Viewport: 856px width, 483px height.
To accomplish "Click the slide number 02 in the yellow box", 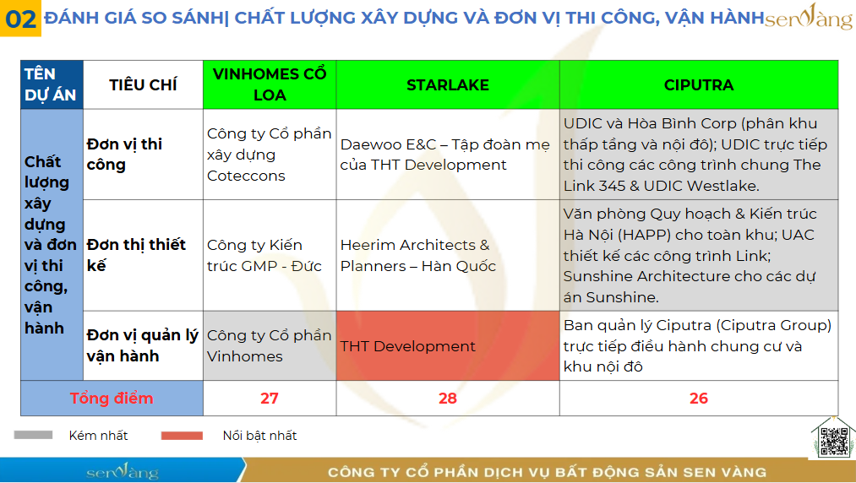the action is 20,19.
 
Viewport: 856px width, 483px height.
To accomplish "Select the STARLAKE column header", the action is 448,84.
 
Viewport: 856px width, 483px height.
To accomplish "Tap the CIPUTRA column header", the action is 699,84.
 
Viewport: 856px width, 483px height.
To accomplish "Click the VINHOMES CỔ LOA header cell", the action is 270,84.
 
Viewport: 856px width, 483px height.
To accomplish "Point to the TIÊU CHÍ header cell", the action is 143,84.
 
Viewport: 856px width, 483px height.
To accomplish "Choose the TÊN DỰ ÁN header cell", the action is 52,84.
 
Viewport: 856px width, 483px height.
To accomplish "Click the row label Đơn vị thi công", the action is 124,155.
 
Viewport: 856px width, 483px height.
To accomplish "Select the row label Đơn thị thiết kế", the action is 136,255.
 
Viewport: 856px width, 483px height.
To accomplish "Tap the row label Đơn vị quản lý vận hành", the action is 143,345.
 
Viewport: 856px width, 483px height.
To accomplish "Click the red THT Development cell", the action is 448,345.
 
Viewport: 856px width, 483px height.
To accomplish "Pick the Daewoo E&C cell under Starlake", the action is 448,155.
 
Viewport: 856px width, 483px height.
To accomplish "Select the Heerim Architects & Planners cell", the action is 448,255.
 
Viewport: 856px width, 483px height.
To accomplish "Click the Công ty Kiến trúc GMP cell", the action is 270,255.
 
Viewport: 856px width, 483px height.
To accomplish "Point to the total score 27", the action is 270,399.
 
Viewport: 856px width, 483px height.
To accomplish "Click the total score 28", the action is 448,399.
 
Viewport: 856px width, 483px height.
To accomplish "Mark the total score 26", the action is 699,399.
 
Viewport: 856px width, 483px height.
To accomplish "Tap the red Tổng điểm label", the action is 112,399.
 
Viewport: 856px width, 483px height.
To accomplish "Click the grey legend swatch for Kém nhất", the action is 33,435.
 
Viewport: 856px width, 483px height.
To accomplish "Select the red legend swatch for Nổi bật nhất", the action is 182,436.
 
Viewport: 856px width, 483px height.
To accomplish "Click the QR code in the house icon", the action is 834,441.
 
